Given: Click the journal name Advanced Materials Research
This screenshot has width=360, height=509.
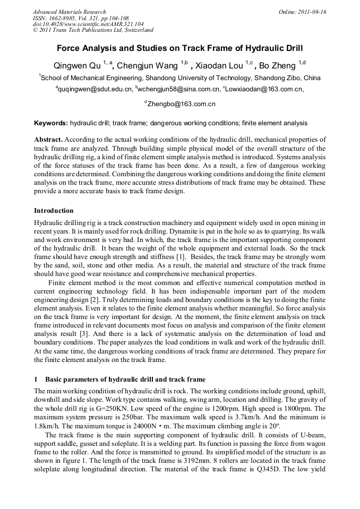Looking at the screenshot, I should coord(69,12).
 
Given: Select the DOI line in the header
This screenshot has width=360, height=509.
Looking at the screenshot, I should coord(88,24).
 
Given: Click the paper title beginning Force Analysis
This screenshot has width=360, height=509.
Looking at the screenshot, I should coord(179,48).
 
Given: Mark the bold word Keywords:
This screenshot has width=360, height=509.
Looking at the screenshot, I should coord(51,123).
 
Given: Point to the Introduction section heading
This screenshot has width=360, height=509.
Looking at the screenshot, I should coord(54,211).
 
